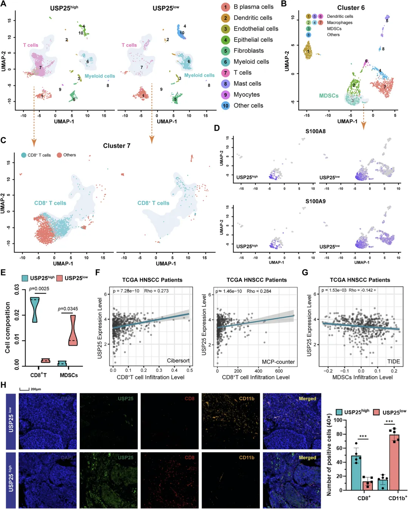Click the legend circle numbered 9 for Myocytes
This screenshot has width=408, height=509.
point(226,95)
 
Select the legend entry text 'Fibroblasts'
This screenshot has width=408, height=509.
point(249,51)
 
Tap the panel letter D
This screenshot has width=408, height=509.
point(217,128)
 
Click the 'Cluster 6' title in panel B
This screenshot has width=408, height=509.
point(351,8)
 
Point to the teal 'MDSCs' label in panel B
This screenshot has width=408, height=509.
point(329,96)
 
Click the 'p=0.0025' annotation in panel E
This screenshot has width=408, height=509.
point(39,289)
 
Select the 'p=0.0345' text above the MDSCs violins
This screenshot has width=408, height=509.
point(68,309)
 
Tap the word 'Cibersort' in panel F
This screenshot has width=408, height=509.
point(178,361)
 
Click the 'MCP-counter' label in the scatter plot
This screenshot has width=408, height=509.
point(278,362)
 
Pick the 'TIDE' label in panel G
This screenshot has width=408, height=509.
point(393,362)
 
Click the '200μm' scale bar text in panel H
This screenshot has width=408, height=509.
point(36,389)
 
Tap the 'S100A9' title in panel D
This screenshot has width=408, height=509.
point(315,201)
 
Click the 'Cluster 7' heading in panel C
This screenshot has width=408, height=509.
point(117,146)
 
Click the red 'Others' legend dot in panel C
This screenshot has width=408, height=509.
point(59,155)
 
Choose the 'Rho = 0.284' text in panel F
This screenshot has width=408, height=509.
point(259,291)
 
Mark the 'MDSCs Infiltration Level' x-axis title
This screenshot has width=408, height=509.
point(362,377)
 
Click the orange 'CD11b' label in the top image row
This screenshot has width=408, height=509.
point(247,399)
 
